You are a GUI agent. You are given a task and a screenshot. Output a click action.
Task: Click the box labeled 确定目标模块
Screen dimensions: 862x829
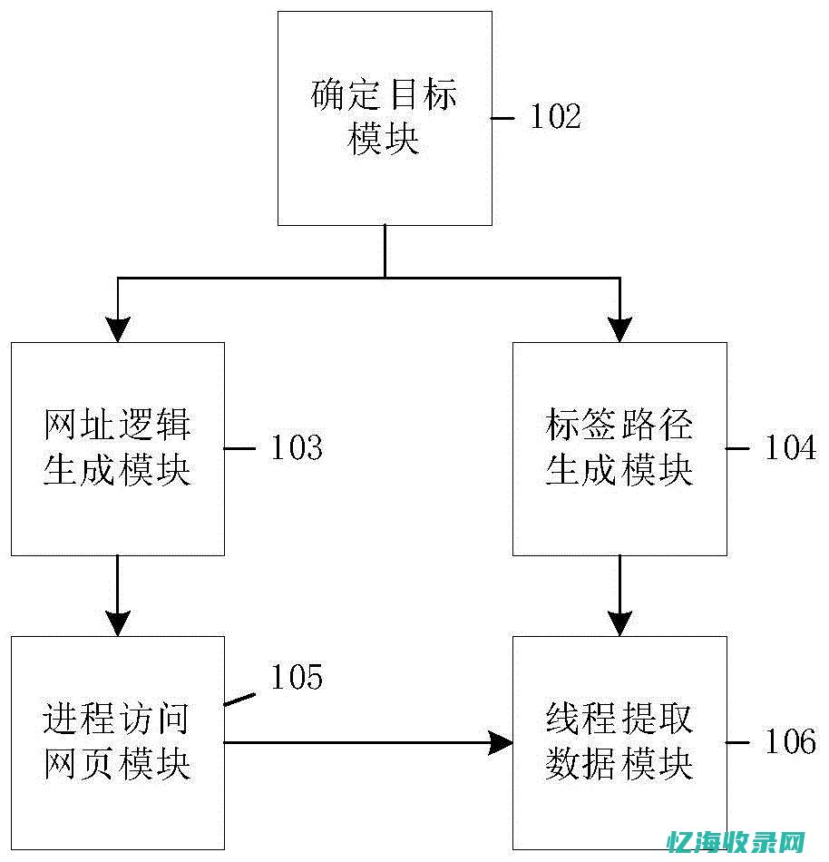(x=385, y=118)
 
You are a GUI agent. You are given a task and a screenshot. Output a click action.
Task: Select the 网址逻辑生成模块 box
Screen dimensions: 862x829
(x=117, y=448)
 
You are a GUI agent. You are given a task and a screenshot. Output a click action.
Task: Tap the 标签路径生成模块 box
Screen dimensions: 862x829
(x=619, y=448)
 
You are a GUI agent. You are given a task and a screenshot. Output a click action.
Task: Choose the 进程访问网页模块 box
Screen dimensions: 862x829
(x=117, y=742)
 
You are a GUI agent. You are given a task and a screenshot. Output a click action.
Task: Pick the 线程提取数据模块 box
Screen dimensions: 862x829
(x=619, y=742)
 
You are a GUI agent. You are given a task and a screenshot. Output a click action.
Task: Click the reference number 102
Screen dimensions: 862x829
(x=555, y=116)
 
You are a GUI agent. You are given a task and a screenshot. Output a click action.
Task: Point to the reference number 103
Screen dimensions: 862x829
(x=297, y=448)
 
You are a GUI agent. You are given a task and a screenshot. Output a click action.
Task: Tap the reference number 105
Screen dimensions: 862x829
(x=297, y=677)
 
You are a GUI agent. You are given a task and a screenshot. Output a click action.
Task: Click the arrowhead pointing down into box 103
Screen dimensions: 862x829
(x=117, y=329)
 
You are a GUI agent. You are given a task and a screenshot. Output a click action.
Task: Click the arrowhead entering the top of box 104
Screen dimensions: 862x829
(x=619, y=329)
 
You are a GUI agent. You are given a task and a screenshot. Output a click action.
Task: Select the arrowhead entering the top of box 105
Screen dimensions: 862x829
(x=117, y=623)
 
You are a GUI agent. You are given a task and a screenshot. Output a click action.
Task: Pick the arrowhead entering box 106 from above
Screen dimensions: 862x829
(x=619, y=623)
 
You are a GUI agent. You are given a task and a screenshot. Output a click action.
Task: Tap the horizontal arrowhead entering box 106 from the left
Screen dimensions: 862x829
(x=500, y=743)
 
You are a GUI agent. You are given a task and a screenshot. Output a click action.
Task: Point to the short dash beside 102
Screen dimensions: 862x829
(x=504, y=117)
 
